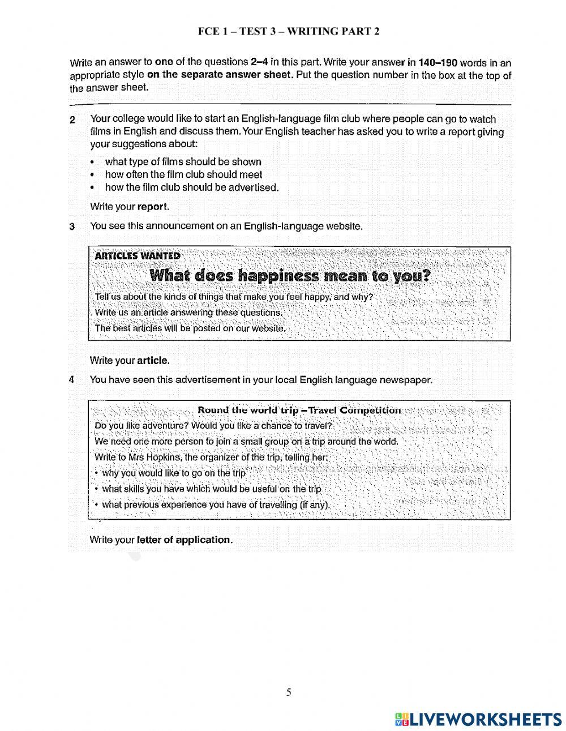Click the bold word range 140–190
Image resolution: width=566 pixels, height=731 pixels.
pyautogui.click(x=437, y=62)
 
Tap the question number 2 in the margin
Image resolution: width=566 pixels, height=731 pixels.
pyautogui.click(x=72, y=120)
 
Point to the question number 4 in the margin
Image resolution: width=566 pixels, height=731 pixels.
pyautogui.click(x=72, y=380)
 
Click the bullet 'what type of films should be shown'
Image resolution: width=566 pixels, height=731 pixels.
pyautogui.click(x=183, y=162)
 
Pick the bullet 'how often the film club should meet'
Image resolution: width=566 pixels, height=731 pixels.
pyautogui.click(x=183, y=175)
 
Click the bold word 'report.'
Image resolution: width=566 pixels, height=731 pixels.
pyautogui.click(x=153, y=207)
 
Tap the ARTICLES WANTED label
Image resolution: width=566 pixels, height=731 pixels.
pyautogui.click(x=138, y=256)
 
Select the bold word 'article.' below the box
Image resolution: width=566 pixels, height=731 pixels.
pyautogui.click(x=153, y=361)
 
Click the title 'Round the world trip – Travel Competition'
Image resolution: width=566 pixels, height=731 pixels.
pyautogui.click(x=299, y=411)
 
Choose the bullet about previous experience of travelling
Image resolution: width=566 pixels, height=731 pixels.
pyautogui.click(x=215, y=505)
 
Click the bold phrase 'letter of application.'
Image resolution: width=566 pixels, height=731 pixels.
pyautogui.click(x=185, y=540)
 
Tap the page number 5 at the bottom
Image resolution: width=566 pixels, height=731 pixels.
pyautogui.click(x=289, y=692)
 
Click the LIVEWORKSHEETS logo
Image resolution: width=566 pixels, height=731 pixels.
pyautogui.click(x=478, y=719)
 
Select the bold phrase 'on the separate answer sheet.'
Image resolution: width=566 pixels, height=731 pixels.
pyautogui.click(x=220, y=75)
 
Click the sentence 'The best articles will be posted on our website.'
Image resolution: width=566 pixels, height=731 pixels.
pyautogui.click(x=190, y=328)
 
